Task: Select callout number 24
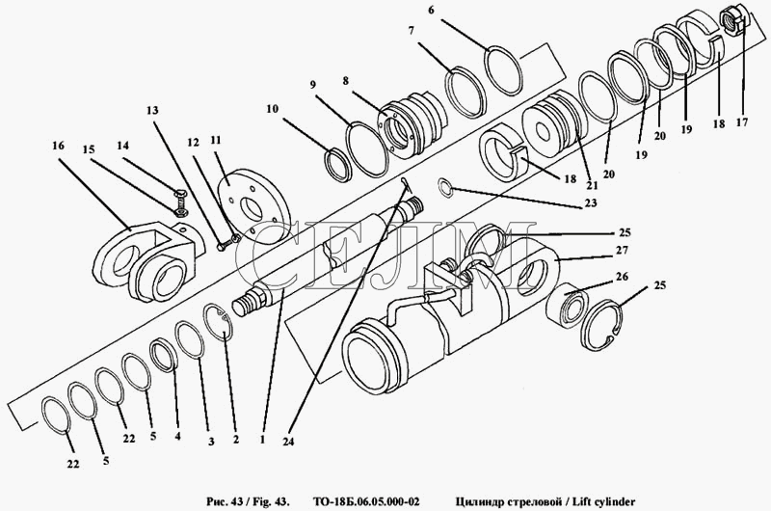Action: pyautogui.click(x=288, y=442)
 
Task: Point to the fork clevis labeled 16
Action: pyautogui.click(x=147, y=259)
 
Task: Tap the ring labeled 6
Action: pyautogui.click(x=503, y=70)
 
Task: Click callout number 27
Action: pyautogui.click(x=622, y=251)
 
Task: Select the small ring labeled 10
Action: pyautogui.click(x=339, y=165)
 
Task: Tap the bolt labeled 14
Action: pyautogui.click(x=179, y=202)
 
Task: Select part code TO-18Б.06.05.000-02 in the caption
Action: pyautogui.click(x=366, y=502)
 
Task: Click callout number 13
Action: pyautogui.click(x=152, y=110)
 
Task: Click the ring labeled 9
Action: pyautogui.click(x=368, y=149)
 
